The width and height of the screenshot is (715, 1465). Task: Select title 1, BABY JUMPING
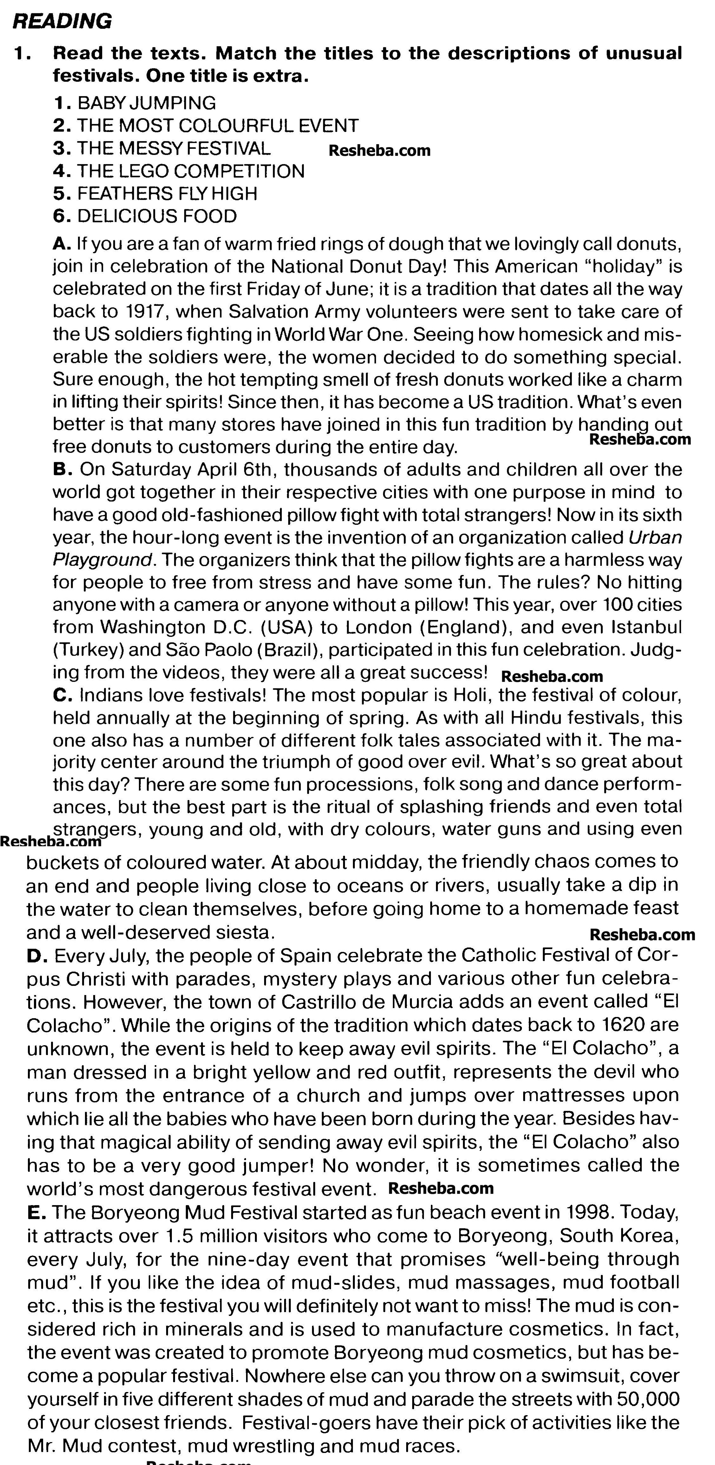(146, 103)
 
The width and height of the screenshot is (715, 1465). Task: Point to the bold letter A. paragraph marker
(62, 244)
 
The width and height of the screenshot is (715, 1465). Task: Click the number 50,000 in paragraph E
(647, 1400)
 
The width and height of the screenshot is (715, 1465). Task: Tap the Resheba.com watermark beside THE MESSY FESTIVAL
(380, 151)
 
